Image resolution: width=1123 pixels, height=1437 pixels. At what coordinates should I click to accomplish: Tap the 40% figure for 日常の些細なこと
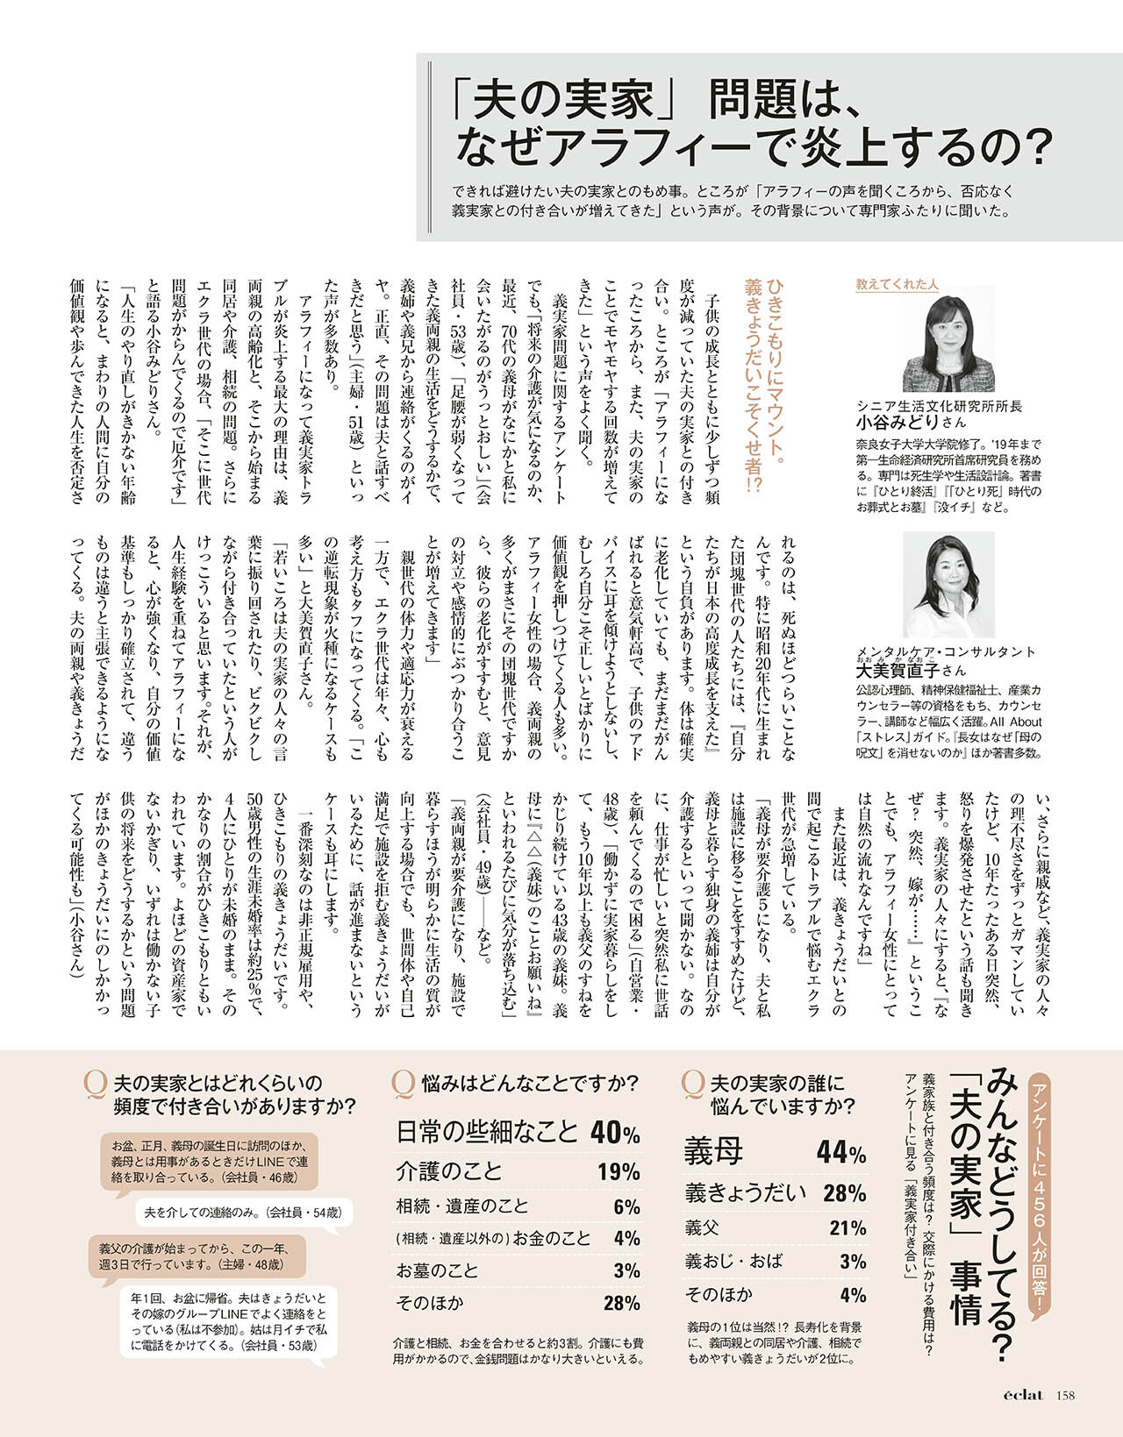point(615,1133)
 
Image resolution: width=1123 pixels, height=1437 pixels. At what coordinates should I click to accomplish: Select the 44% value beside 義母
point(841,1152)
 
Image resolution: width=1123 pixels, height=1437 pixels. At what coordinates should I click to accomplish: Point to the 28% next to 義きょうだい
point(844,1192)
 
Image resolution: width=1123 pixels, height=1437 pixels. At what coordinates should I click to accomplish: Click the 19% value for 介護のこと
point(619,1171)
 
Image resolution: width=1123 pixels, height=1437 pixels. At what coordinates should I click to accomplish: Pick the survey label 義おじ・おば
point(733,1261)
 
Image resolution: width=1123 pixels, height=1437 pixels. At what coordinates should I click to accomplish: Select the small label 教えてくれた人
point(897,284)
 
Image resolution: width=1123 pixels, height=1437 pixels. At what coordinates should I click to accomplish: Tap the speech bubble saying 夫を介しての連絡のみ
point(243,1213)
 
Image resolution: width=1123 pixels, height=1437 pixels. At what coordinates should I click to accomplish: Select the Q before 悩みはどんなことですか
point(404,1084)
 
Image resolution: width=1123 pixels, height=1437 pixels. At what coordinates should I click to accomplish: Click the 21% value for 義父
point(848,1227)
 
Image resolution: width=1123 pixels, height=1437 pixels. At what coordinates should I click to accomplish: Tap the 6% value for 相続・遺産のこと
point(626,1206)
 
